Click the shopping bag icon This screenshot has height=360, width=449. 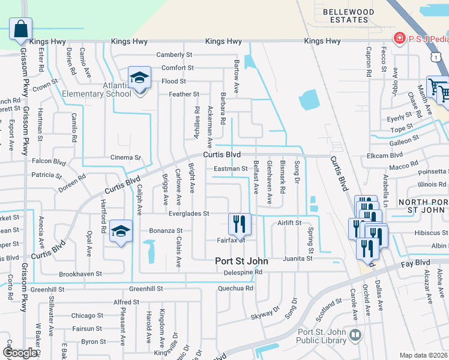tap(20, 28)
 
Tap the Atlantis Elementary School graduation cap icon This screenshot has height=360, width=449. tap(139, 79)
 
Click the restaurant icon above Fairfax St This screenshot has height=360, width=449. tap(240, 224)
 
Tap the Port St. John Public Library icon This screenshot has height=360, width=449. tap(355, 334)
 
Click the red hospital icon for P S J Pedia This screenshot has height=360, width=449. tap(398, 38)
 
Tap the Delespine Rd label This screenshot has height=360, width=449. tap(239, 272)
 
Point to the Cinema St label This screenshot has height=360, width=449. tap(125, 158)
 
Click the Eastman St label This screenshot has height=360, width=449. tap(231, 169)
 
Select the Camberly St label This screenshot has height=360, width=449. tap(174, 55)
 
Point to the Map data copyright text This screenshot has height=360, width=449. tap(423, 355)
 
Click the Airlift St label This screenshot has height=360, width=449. tap(289, 223)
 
